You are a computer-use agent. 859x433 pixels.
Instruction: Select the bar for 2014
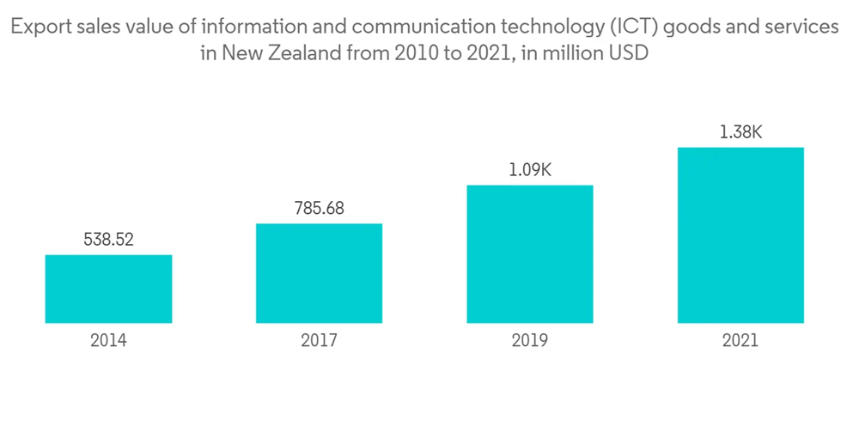click(108, 289)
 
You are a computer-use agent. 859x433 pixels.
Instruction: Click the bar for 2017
click(319, 273)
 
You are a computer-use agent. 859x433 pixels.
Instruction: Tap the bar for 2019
click(529, 253)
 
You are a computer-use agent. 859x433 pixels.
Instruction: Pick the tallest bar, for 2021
click(740, 235)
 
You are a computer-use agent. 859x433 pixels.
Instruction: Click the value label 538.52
click(108, 240)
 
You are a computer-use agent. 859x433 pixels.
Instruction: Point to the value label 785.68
click(319, 209)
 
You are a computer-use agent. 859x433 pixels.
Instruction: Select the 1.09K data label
click(529, 170)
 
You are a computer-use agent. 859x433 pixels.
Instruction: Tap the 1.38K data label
click(740, 132)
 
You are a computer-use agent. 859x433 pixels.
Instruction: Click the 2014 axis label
click(108, 340)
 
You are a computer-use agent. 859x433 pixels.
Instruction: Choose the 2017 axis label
click(319, 340)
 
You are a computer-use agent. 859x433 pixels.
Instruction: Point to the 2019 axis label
click(529, 340)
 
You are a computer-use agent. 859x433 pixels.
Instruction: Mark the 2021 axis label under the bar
click(740, 340)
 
